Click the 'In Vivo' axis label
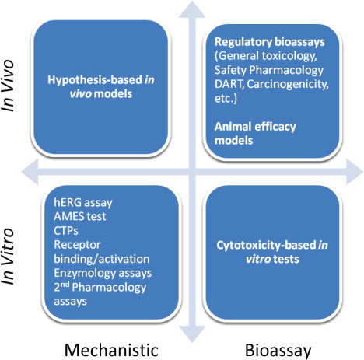[x=7, y=86]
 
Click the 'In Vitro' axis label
[x=7, y=256]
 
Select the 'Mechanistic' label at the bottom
[x=111, y=350]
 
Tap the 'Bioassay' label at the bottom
[x=278, y=351]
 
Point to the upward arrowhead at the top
[x=192, y=10]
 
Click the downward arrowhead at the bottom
[x=192, y=334]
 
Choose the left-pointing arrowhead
[x=30, y=172]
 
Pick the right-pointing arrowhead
[x=354, y=172]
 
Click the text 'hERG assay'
[x=83, y=202]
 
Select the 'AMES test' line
[x=80, y=216]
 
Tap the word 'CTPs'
[x=66, y=230]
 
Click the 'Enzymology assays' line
[x=103, y=273]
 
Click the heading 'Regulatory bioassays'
[x=270, y=42]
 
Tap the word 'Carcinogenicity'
[x=288, y=85]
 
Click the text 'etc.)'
[x=226, y=99]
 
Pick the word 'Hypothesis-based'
[x=95, y=80]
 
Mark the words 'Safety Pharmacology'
[x=269, y=71]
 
